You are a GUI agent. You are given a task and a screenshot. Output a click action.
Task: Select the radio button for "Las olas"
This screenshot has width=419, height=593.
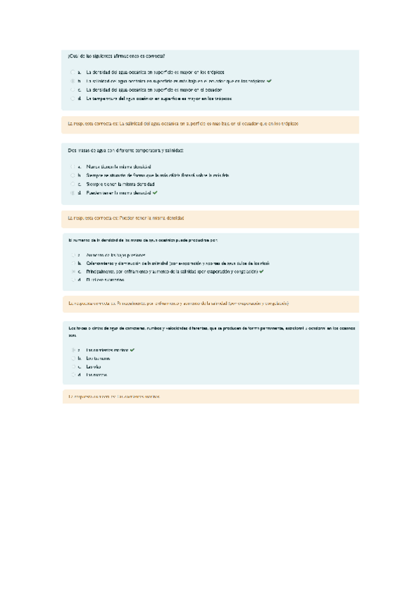[x=72, y=366]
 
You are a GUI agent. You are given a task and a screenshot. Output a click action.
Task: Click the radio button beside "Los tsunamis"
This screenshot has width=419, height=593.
[x=72, y=358]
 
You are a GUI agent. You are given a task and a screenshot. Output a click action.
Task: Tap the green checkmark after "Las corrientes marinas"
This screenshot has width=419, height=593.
[x=132, y=349]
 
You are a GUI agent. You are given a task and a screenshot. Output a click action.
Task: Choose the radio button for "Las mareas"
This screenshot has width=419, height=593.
[x=72, y=376]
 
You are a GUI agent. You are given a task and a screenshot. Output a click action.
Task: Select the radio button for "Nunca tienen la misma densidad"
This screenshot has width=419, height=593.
[x=72, y=166]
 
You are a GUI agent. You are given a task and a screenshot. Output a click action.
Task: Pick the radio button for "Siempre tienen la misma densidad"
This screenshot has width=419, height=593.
[x=72, y=183]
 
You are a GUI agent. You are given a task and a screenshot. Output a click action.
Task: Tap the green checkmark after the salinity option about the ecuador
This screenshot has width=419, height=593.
[x=269, y=81]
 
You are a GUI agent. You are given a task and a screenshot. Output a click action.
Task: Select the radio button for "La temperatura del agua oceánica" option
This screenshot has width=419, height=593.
[x=72, y=99]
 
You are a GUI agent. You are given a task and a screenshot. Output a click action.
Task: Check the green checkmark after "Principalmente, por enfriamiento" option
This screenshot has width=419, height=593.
[x=261, y=271]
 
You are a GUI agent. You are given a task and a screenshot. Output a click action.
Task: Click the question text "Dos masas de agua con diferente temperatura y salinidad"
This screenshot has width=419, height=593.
[x=126, y=150]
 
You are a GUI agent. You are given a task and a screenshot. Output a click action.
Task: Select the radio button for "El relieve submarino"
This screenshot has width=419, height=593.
[x=72, y=279]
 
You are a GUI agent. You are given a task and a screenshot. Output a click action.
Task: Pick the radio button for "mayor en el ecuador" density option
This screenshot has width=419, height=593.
[x=72, y=90]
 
